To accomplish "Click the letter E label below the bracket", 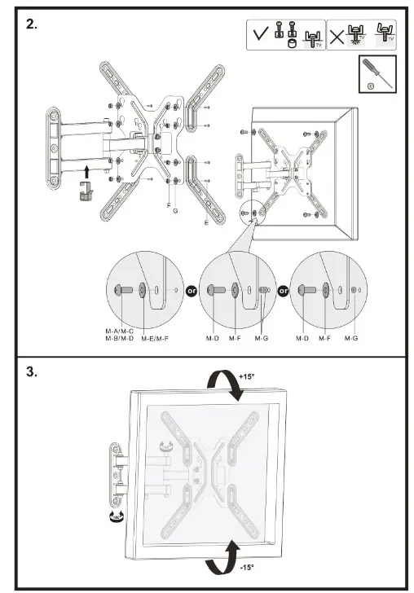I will click(205, 222).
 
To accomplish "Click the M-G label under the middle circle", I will click(262, 337).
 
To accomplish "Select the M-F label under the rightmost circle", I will click(324, 337).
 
